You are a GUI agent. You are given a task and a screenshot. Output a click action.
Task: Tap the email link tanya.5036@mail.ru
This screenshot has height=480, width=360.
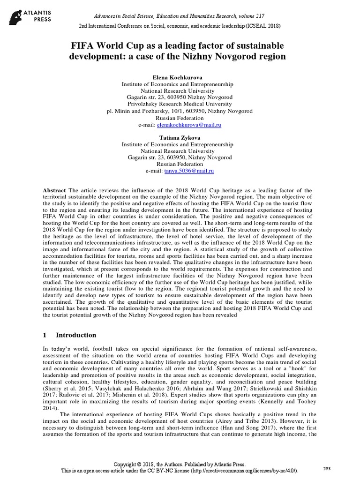click(189, 171)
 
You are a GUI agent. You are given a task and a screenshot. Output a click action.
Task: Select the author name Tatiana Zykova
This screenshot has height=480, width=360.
click(180, 138)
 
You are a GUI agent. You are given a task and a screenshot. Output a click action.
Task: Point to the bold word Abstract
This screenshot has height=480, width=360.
click(54, 191)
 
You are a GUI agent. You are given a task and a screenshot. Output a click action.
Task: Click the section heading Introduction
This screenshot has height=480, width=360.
click(76, 335)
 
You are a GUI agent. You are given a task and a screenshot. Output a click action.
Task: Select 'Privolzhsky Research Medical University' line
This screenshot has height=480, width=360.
click(180, 104)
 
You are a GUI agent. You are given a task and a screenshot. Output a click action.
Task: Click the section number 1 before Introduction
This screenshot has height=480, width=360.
click(45, 335)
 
